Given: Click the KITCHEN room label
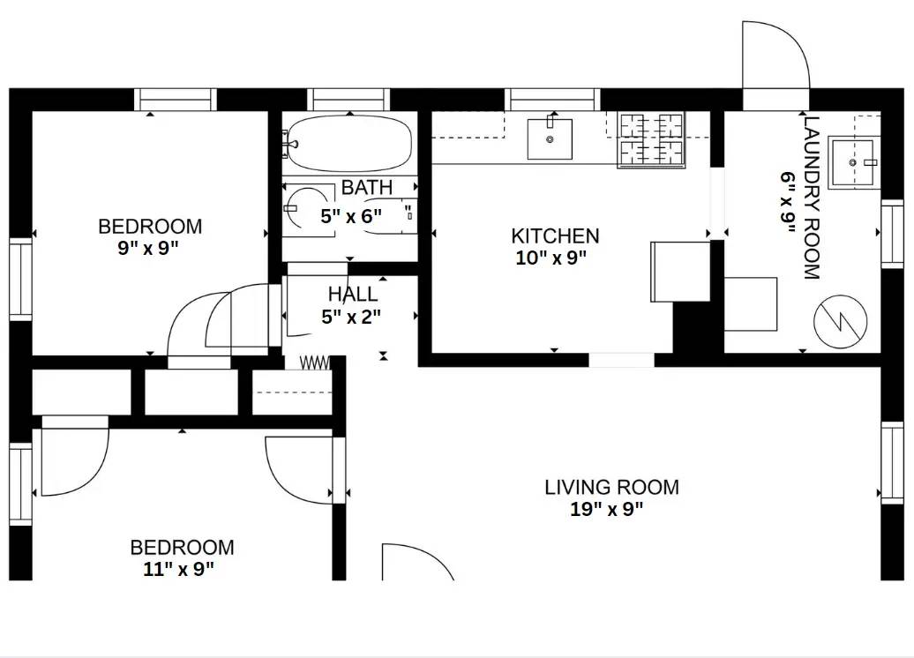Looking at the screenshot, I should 555,236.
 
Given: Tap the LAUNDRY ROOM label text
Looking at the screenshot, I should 812,198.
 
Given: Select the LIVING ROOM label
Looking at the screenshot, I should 611,487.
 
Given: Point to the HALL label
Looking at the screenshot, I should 353,295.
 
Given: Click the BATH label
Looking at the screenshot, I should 367,187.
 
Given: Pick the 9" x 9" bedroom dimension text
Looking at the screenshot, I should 148,248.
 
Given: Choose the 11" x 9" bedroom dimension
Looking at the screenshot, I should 179,569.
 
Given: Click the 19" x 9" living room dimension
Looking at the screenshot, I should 607,509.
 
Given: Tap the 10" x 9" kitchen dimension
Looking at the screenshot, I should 551,258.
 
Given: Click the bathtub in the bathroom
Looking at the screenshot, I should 350,144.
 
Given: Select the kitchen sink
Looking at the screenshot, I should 550,139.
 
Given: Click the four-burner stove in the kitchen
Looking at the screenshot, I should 652,140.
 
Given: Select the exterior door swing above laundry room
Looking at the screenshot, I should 774,55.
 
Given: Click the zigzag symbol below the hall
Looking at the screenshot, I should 315,363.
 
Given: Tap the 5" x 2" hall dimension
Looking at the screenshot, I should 351,317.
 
